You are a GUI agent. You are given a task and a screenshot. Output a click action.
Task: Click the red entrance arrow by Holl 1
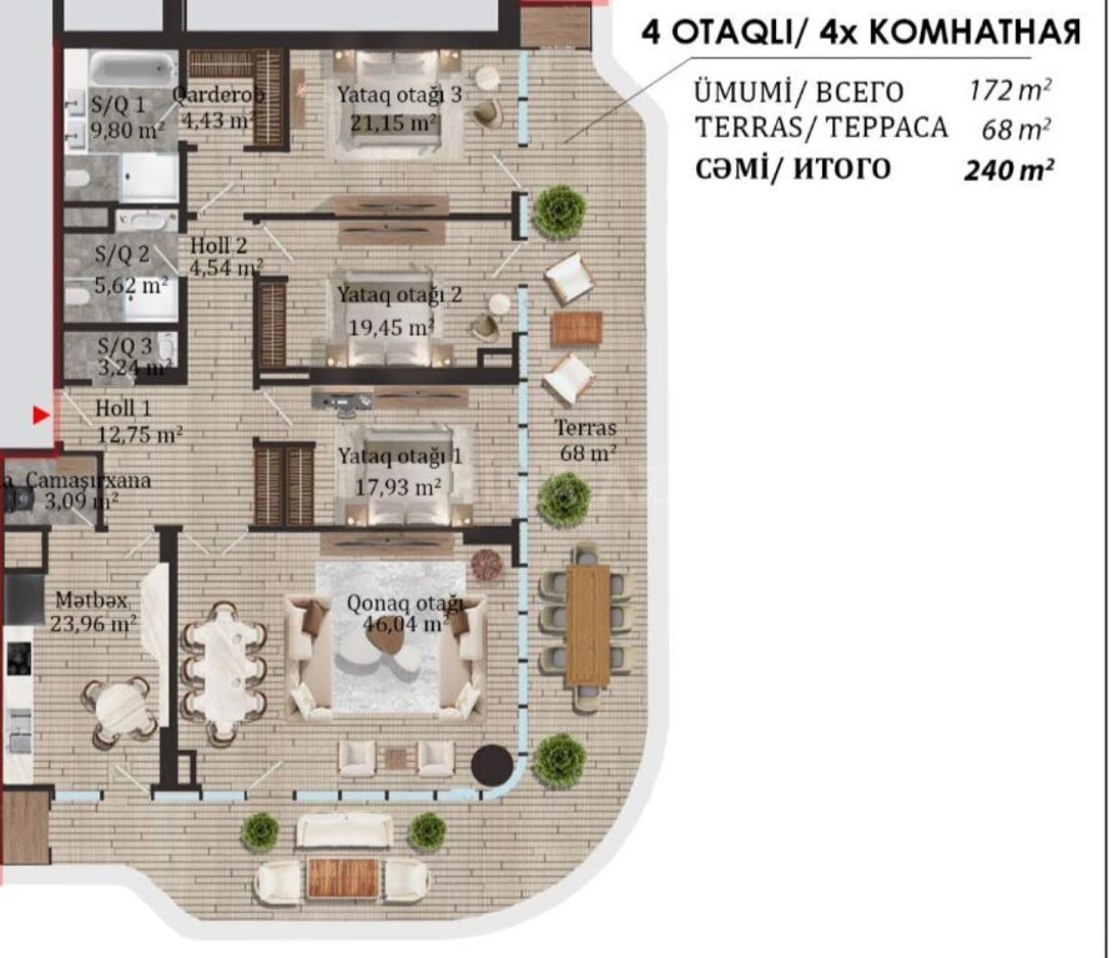coord(40,415)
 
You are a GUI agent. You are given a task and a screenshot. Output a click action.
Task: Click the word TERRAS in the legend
coord(732,128)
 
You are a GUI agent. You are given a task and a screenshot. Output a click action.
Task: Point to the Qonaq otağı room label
coord(405,604)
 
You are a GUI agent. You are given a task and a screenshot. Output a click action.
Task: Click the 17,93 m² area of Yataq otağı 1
coord(398,487)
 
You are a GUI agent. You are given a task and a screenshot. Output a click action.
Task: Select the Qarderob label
coord(218,95)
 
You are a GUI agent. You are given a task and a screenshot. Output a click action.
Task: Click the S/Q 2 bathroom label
coord(122,254)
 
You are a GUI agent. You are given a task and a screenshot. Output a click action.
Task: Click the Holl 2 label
coord(218,245)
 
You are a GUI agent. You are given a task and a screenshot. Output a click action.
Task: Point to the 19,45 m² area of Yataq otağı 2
coord(391,328)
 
